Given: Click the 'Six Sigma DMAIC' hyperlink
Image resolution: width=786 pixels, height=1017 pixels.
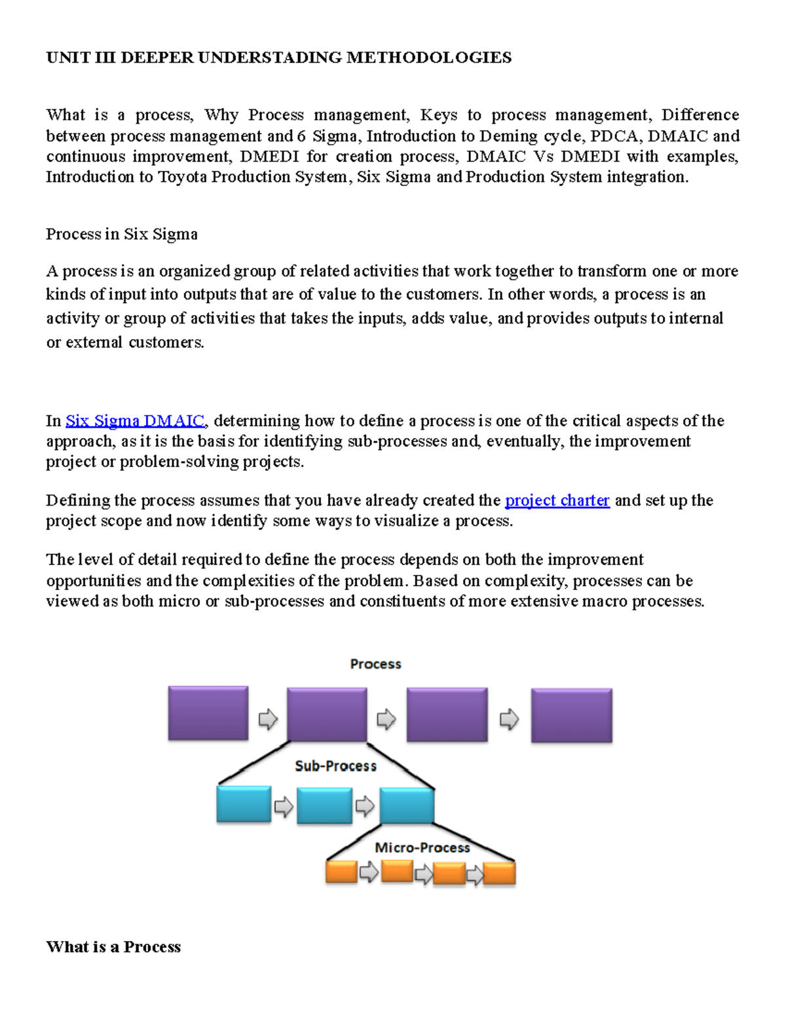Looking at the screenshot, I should point(135,420).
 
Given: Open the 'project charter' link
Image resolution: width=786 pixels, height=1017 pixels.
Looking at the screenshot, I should point(557,500).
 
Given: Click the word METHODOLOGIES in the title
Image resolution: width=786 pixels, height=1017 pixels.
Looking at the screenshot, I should point(428,58).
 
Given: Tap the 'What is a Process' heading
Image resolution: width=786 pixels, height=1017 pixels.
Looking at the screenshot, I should point(113,947).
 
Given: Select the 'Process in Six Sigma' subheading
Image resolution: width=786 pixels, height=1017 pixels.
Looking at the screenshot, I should point(122,234).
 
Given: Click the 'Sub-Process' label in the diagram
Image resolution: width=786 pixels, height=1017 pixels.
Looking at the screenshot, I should point(335,766).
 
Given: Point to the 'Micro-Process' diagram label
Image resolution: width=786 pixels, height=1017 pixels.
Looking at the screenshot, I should point(422,847).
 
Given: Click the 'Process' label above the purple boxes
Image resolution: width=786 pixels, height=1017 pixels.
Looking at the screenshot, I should point(375,664).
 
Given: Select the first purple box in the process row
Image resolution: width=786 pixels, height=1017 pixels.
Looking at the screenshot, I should point(208,713).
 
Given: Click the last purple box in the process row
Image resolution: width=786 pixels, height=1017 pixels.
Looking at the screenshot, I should point(571,715).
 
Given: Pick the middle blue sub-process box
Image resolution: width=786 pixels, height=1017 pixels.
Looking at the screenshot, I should point(324,805).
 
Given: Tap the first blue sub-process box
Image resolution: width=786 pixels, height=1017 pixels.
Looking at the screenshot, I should point(244,804).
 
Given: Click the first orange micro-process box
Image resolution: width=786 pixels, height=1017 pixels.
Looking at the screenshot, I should point(341,872).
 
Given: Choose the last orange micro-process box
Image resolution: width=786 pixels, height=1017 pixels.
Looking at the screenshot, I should point(499,874).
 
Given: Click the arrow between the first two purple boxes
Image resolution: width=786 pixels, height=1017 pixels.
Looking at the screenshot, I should point(268,719).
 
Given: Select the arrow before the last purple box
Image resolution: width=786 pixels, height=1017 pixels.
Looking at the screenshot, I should point(509,719).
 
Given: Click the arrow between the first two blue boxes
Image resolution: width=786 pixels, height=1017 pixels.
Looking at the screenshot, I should point(284,806).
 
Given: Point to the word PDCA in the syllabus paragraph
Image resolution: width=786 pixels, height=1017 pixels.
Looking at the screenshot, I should point(616,136).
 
